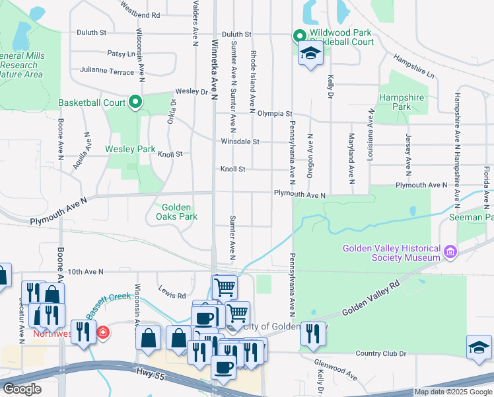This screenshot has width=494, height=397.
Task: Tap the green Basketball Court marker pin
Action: tap(135, 102)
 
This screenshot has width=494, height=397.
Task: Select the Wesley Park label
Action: tap(130, 149)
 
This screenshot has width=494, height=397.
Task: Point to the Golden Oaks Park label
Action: tap(176, 212)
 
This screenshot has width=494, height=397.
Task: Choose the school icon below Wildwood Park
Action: tap(309, 55)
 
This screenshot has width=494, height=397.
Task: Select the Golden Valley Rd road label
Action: tap(372, 299)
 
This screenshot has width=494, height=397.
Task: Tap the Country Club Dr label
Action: tap(380, 353)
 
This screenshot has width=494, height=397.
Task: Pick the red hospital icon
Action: tap(102, 332)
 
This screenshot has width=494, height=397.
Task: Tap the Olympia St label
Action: tap(275, 114)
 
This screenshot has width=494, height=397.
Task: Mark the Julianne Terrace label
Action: tap(107, 69)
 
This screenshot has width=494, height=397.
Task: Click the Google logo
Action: tap(21, 388)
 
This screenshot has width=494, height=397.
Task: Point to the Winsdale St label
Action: tap(240, 142)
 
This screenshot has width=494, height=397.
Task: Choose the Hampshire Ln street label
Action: tap(414, 66)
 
